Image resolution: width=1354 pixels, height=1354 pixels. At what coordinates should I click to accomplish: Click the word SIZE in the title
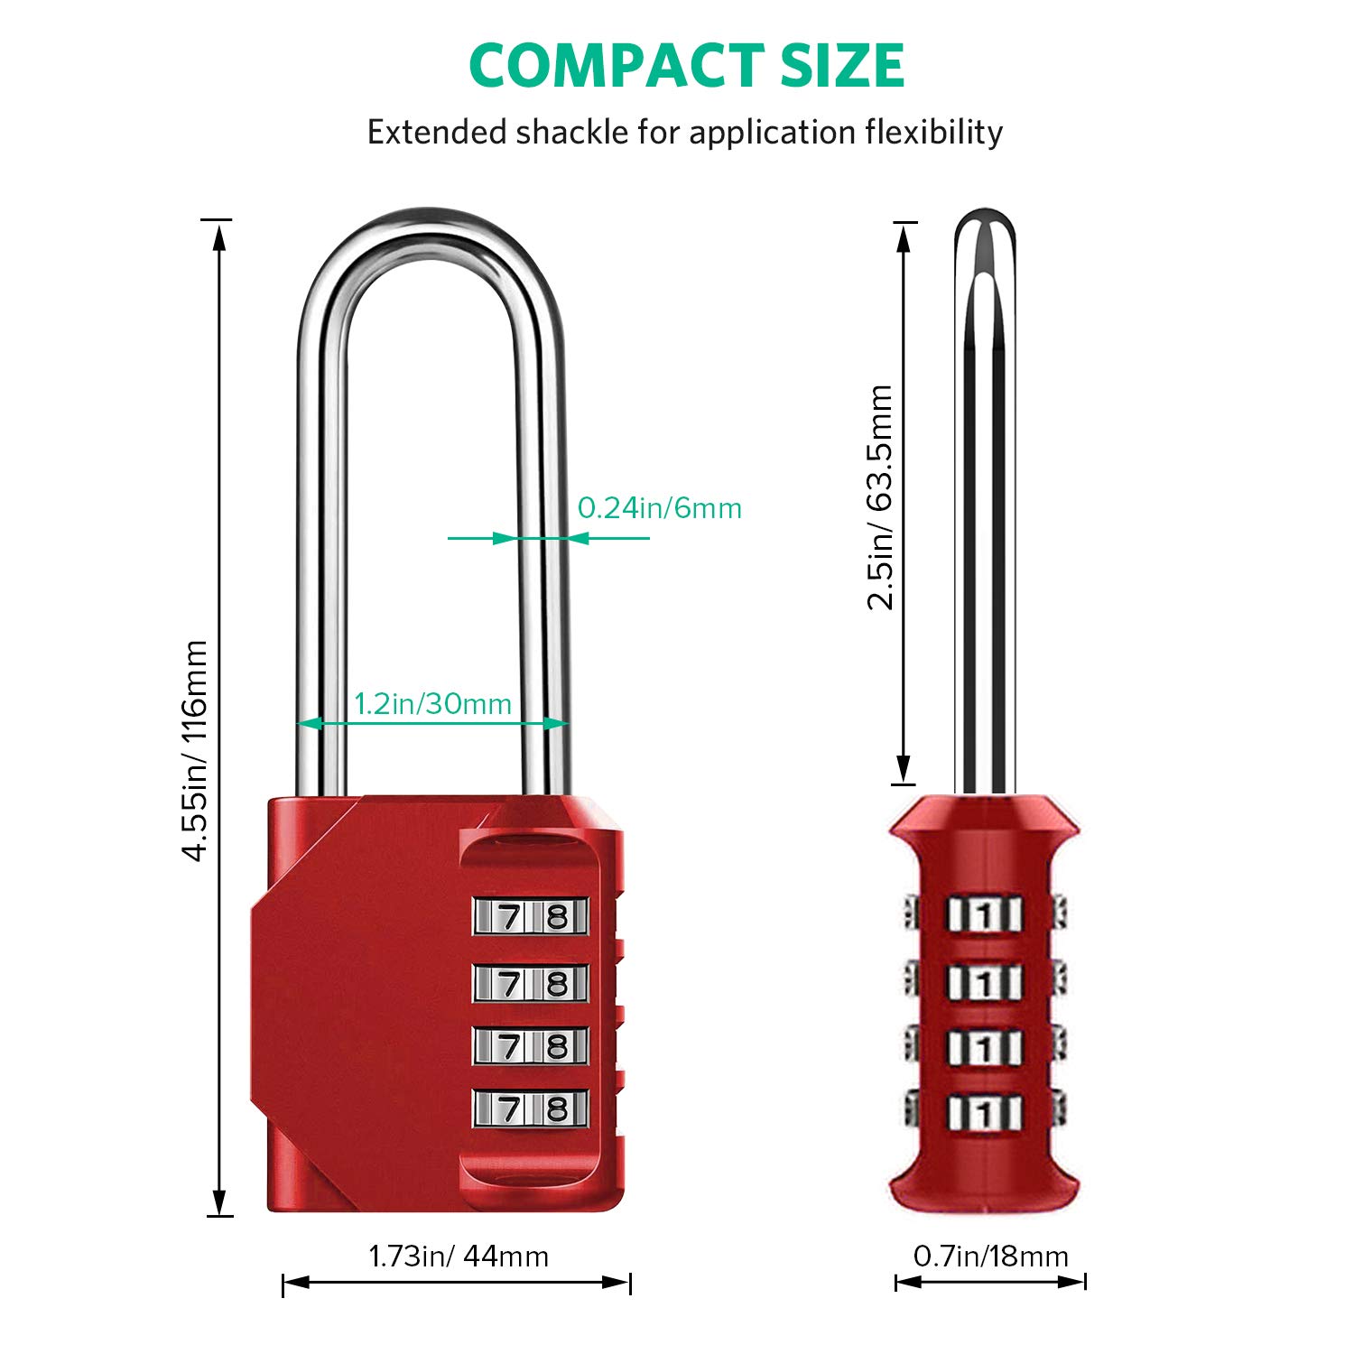point(842,66)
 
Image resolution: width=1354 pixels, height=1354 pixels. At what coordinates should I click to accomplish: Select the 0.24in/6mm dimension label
point(660,508)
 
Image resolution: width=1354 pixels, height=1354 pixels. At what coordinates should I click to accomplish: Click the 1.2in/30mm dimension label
point(432,703)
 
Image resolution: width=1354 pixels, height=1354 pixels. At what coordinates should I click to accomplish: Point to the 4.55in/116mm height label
point(196,750)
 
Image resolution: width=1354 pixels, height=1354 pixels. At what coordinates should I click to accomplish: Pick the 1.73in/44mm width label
point(459,1256)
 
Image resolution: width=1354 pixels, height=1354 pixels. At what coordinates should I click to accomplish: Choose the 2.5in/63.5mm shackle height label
point(880,497)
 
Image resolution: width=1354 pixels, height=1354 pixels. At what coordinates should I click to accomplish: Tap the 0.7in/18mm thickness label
point(990,1256)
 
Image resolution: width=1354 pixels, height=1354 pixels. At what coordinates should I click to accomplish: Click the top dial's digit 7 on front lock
point(510,917)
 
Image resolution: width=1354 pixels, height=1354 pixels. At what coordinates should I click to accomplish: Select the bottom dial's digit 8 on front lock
point(557,1108)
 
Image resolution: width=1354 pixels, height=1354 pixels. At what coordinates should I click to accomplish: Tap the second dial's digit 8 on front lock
point(557,983)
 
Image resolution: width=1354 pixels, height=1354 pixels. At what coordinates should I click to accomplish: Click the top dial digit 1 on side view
point(985,916)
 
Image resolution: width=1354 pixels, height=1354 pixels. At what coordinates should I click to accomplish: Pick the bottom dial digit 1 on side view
point(985,1112)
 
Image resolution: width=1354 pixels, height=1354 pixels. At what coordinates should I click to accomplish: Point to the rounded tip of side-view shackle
point(985,221)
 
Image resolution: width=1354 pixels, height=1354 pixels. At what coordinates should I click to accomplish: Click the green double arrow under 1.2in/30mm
point(433,723)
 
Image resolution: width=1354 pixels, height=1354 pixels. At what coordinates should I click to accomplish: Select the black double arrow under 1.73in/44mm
point(457,1283)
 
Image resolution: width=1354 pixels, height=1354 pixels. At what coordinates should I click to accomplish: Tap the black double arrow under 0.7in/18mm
point(990,1282)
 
